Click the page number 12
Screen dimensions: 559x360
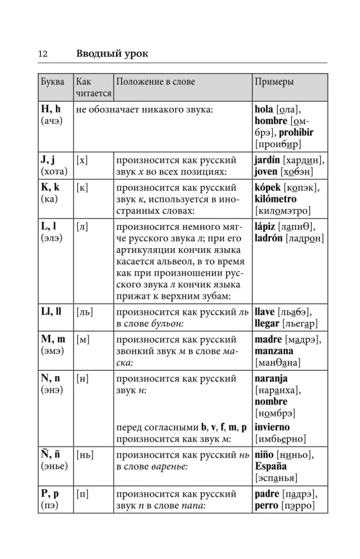(42, 54)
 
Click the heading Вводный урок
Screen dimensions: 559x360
(112, 54)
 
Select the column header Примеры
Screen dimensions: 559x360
(274, 82)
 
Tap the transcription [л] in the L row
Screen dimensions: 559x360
(82, 226)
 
